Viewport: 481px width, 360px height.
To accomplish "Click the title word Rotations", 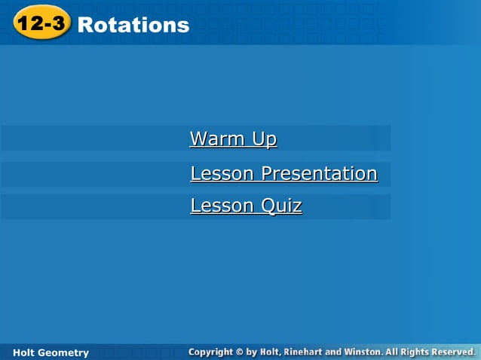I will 133,25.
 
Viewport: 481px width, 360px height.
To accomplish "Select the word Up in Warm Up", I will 265,139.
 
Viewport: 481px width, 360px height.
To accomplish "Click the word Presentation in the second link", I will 319,174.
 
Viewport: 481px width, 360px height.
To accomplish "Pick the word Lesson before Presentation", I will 222,173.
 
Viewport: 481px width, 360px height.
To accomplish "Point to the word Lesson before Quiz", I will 222,206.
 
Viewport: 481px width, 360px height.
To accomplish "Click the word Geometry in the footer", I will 63,352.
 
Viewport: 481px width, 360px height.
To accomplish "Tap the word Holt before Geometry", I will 25,352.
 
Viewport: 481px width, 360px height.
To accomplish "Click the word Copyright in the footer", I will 212,352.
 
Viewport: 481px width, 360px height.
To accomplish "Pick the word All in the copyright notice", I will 392,352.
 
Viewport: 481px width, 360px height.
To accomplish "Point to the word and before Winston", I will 334,352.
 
